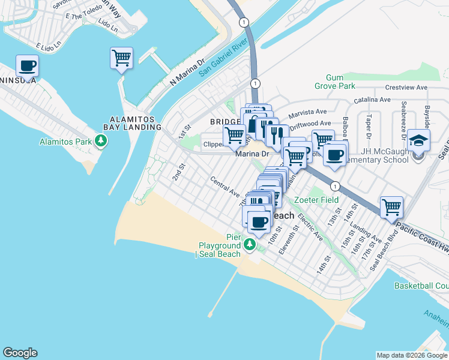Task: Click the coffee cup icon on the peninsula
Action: tap(26, 65)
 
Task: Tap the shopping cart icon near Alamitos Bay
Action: tap(121, 58)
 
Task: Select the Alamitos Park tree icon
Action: tap(102, 141)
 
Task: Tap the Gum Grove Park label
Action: tap(340, 82)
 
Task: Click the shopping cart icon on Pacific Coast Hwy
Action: tap(391, 208)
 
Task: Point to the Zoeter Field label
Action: tap(316, 200)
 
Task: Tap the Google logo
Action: tap(20, 353)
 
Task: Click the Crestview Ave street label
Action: tap(406, 87)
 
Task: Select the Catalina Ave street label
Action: tap(372, 100)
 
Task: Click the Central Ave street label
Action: tap(224, 187)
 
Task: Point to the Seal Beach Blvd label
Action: tap(385, 254)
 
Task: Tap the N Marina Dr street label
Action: tap(188, 71)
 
